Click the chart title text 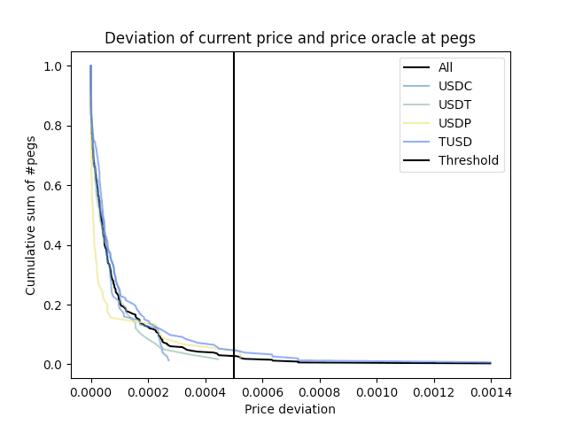290,38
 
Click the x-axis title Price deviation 290,409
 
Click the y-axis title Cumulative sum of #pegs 31,215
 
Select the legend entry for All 450,67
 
